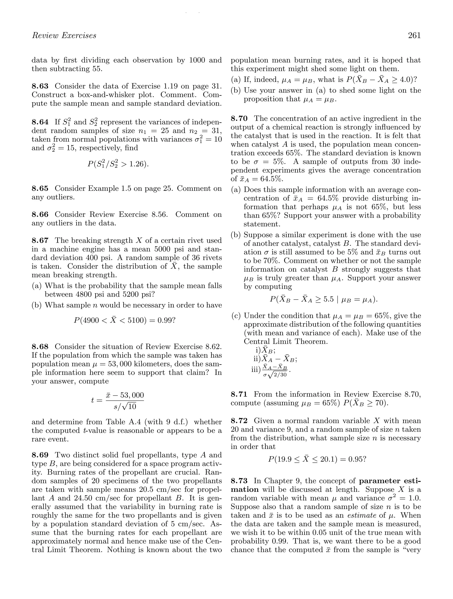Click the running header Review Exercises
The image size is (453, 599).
tap(64, 35)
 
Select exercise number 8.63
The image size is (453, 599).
tap(40, 86)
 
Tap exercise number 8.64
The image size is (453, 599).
tap(40, 122)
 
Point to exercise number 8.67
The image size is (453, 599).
tap(40, 240)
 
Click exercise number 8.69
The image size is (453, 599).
tap(40, 455)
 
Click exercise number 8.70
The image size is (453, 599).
tap(239, 119)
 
